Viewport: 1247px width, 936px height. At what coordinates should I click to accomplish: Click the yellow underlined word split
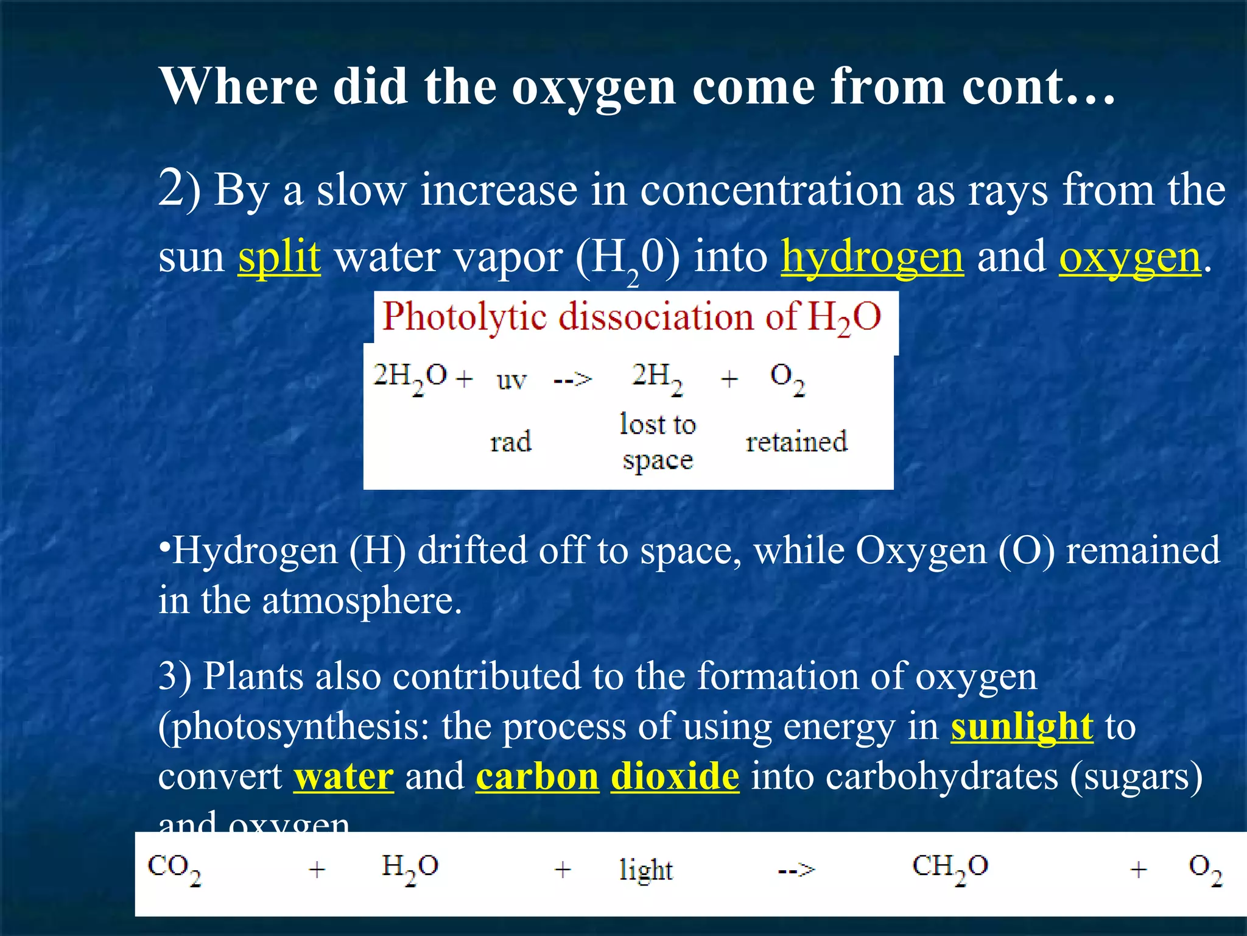point(279,257)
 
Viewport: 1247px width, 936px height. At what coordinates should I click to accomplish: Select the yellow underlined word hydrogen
point(872,258)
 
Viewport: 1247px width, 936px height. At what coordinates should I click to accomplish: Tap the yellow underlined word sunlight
point(1022,727)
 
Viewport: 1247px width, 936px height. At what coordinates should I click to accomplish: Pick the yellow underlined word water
point(343,777)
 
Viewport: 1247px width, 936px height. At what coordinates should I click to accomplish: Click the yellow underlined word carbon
point(537,777)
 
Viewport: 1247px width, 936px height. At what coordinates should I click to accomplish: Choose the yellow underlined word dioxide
point(675,777)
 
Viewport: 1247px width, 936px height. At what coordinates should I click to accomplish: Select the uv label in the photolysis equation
point(511,380)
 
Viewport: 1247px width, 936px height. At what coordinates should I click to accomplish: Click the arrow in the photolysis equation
point(572,380)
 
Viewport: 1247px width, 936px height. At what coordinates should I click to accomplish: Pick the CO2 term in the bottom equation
point(174,868)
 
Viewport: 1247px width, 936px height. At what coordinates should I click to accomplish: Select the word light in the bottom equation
point(645,870)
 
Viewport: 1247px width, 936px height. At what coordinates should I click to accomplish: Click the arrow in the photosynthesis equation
point(796,870)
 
